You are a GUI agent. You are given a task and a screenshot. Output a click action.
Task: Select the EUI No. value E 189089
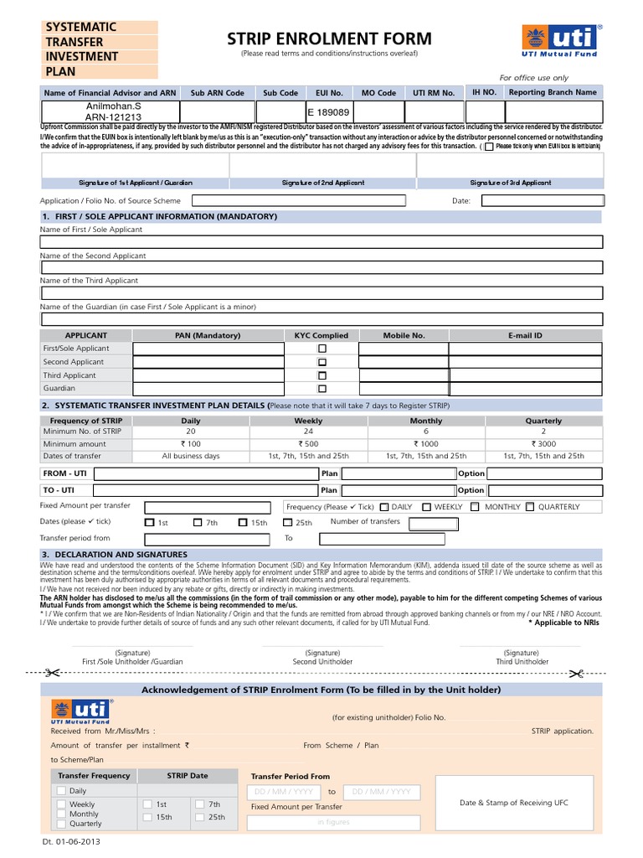coord(328,111)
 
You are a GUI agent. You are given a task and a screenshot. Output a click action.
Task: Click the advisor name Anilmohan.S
coord(110,106)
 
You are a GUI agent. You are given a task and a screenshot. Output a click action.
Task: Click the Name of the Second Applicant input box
coord(321,267)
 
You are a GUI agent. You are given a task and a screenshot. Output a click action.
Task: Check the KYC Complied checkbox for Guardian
coord(321,389)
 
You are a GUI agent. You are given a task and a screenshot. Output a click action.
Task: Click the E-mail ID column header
coord(525,335)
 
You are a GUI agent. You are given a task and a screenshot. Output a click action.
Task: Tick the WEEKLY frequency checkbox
coord(427,507)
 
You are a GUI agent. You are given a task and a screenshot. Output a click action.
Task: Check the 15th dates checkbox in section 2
coord(243,523)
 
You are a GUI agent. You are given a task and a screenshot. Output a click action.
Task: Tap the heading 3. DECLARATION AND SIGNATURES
coord(114,555)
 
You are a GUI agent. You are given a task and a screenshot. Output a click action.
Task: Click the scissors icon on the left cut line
coord(51,672)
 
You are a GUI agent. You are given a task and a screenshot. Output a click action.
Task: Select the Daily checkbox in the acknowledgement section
coord(61,790)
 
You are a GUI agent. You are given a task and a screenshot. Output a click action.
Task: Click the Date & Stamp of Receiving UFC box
coord(513,803)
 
